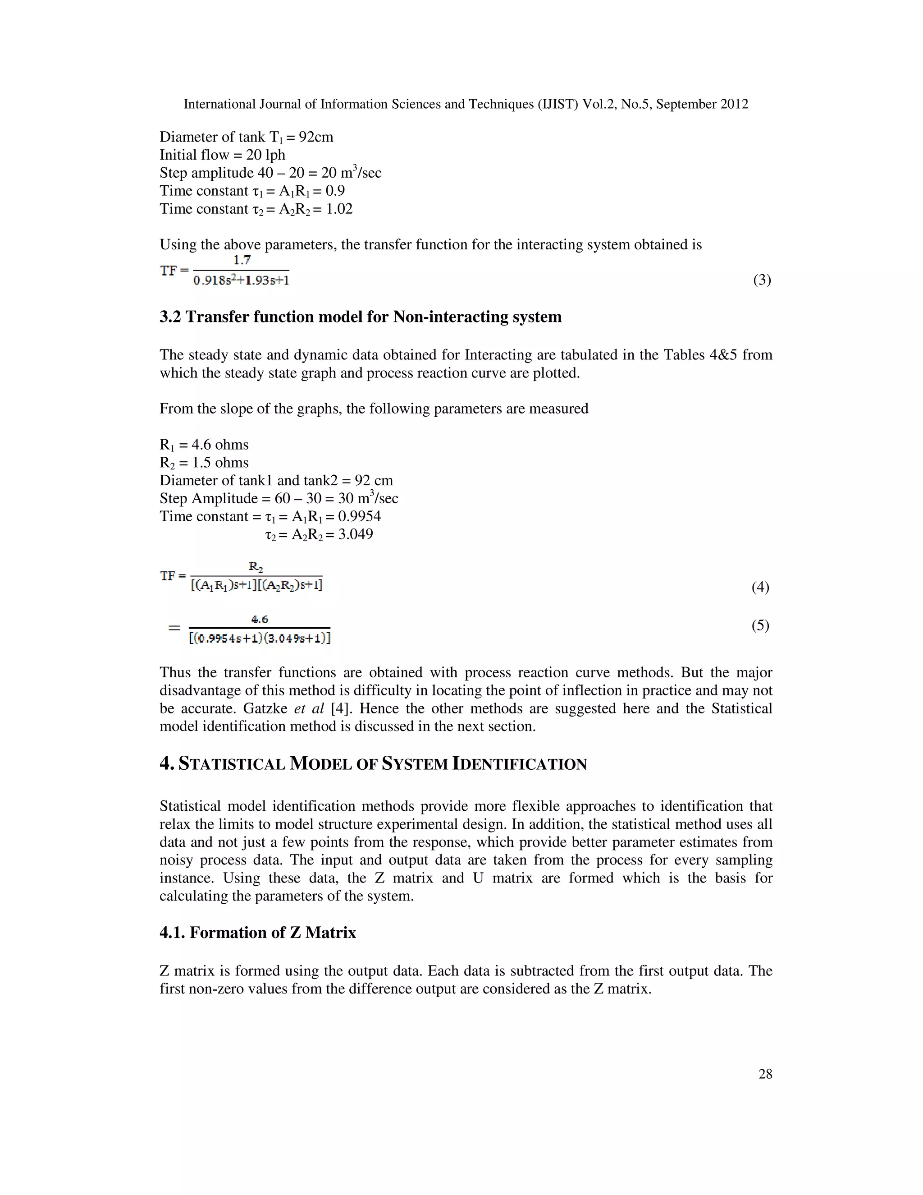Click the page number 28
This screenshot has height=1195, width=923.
pyautogui.click(x=765, y=1074)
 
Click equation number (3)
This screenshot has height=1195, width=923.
pyautogui.click(x=762, y=280)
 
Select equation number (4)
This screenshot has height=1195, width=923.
pyautogui.click(x=760, y=587)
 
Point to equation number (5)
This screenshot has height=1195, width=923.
pyautogui.click(x=760, y=625)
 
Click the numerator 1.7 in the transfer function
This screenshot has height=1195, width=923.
pyautogui.click(x=241, y=261)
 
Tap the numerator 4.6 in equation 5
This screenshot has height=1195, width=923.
pyautogui.click(x=260, y=620)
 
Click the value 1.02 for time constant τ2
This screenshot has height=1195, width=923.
pyautogui.click(x=339, y=209)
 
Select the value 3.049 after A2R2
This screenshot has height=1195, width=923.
pyautogui.click(x=356, y=534)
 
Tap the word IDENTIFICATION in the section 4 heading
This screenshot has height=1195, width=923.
pyautogui.click(x=520, y=764)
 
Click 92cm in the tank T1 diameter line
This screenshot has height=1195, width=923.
pyautogui.click(x=315, y=137)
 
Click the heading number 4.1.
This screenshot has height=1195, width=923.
pyautogui.click(x=172, y=933)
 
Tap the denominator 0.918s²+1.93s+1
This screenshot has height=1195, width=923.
pyautogui.click(x=241, y=280)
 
